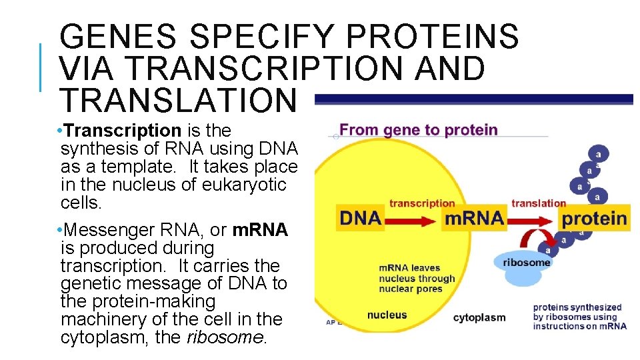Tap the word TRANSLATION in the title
click(177, 99)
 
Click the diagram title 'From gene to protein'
click(419, 130)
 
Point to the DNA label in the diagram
click(360, 219)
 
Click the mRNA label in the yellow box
click(474, 219)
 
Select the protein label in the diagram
click(595, 219)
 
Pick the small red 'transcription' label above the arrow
click(422, 203)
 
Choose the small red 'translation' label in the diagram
click(539, 203)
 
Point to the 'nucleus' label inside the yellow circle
click(387, 315)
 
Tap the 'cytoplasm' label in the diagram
click(479, 317)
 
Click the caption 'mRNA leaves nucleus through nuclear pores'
click(417, 279)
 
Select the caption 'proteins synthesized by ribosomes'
click(579, 317)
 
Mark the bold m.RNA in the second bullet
click(260, 230)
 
